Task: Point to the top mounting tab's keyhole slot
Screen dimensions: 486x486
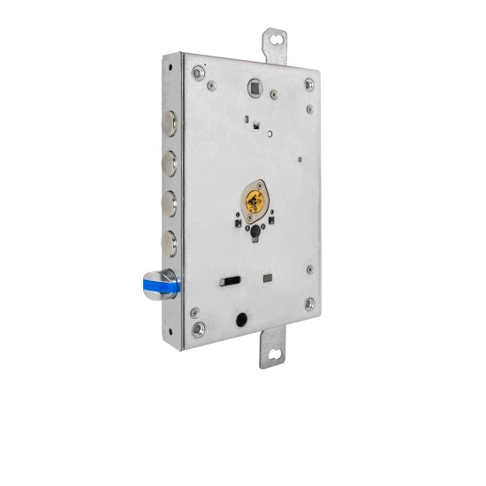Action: coord(280,40)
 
